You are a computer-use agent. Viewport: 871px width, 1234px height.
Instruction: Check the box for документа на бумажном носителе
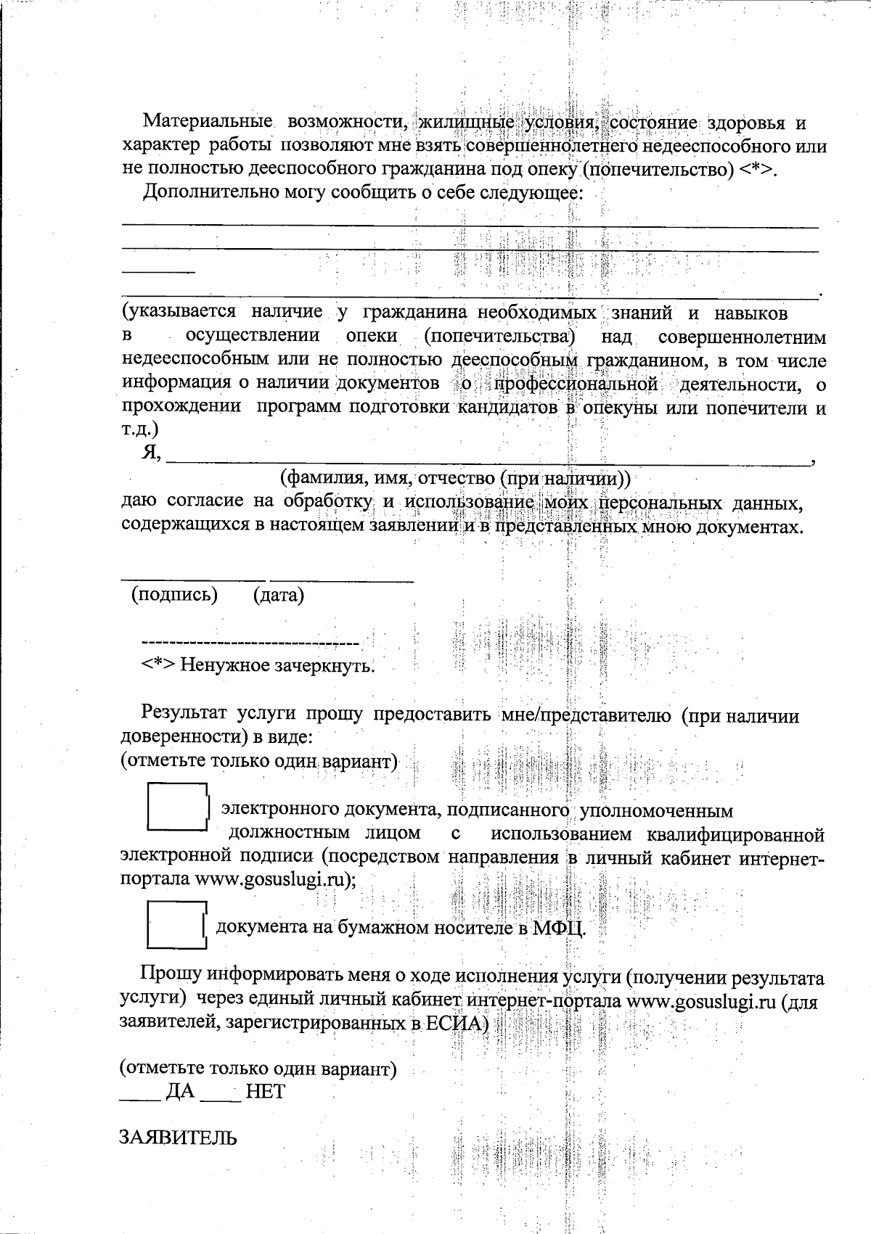[177, 924]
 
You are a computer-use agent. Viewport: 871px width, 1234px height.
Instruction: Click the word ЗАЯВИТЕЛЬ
[178, 1138]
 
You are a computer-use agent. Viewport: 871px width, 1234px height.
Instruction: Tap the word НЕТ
[265, 1091]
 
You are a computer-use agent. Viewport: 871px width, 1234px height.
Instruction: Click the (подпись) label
[174, 595]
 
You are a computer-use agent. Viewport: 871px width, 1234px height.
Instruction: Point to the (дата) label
[278, 596]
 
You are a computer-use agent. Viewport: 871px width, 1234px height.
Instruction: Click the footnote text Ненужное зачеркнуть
[277, 665]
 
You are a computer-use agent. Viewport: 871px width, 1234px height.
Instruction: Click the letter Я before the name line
[151, 453]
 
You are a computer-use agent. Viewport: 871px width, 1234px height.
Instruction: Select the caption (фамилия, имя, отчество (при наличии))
[455, 479]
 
